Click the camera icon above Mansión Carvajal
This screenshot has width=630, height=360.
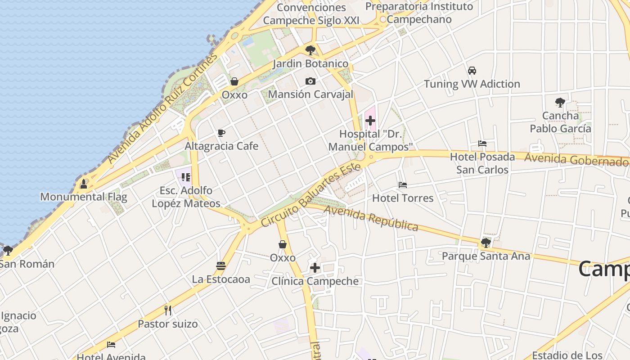coord(310,81)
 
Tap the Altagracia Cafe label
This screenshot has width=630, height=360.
coord(221,146)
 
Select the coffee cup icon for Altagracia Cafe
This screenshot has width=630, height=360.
coord(221,133)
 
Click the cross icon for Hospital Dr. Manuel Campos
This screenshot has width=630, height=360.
coord(370,121)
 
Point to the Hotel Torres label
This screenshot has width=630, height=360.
coord(403,198)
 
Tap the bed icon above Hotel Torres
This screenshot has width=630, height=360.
coord(403,185)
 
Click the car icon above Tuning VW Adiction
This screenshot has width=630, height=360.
coord(472,71)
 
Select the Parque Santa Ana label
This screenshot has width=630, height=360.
coord(486,256)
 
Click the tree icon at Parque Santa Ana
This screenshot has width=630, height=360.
coord(486,243)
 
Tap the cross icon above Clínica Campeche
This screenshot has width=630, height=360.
coord(315,268)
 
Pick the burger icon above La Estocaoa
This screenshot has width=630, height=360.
coord(220,266)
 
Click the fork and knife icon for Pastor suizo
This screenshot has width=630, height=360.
coord(168,310)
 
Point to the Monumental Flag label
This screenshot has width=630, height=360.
coord(84,197)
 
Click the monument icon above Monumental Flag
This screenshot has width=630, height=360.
coord(83,184)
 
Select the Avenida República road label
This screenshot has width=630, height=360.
coord(371,218)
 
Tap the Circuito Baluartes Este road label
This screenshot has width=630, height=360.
coord(311,195)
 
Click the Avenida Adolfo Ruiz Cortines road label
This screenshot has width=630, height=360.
coord(162,108)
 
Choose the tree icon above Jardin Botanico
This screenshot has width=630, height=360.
coord(310,50)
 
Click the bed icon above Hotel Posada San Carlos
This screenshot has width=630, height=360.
coord(482,144)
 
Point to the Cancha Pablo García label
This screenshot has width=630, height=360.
coord(560,122)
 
